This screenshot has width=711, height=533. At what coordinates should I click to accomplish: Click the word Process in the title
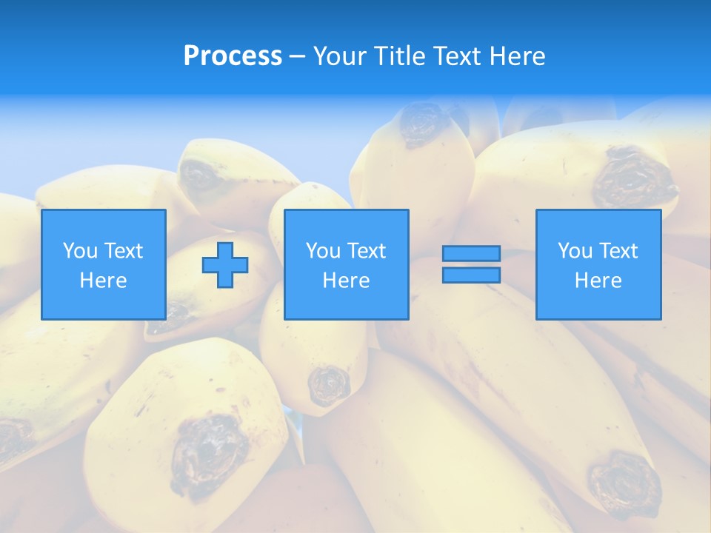(233, 56)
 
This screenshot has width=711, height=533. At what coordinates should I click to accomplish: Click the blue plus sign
(225, 265)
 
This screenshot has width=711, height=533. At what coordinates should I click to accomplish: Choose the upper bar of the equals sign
(471, 253)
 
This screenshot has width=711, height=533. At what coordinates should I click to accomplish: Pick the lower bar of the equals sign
(471, 275)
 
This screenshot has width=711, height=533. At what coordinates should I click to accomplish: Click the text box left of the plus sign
(103, 264)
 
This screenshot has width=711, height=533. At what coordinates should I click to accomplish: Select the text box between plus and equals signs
(346, 264)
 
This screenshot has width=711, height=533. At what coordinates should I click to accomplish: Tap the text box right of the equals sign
(598, 264)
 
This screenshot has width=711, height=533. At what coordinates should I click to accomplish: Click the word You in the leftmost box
(80, 250)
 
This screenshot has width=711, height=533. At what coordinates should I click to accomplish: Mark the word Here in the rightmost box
(598, 281)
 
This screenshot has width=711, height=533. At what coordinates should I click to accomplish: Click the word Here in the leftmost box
(103, 281)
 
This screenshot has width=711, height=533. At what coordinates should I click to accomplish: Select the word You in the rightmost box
(575, 250)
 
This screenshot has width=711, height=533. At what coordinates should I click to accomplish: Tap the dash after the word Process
(297, 56)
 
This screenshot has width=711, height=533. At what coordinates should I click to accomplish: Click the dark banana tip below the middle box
(329, 385)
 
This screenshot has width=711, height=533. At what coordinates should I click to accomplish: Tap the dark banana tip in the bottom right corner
(626, 484)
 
